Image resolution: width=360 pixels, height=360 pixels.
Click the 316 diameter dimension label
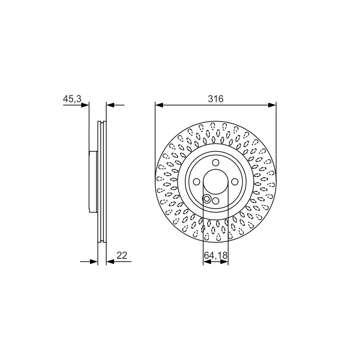coord(216,99)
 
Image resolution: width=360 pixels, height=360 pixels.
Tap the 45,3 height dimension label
coord(72,99)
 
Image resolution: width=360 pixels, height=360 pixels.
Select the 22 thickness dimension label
coord(121,255)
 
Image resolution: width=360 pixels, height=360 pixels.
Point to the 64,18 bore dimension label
coord(216,255)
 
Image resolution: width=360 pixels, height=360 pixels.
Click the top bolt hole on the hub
coord(216,163)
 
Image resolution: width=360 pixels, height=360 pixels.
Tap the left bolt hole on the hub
coord(197,182)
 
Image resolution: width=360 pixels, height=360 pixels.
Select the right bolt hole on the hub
coord(234,182)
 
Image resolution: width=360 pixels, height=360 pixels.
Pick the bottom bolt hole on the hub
coord(216,201)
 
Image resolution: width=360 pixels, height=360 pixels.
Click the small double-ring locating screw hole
coord(207,199)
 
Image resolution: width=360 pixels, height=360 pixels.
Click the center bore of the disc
coord(216,182)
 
